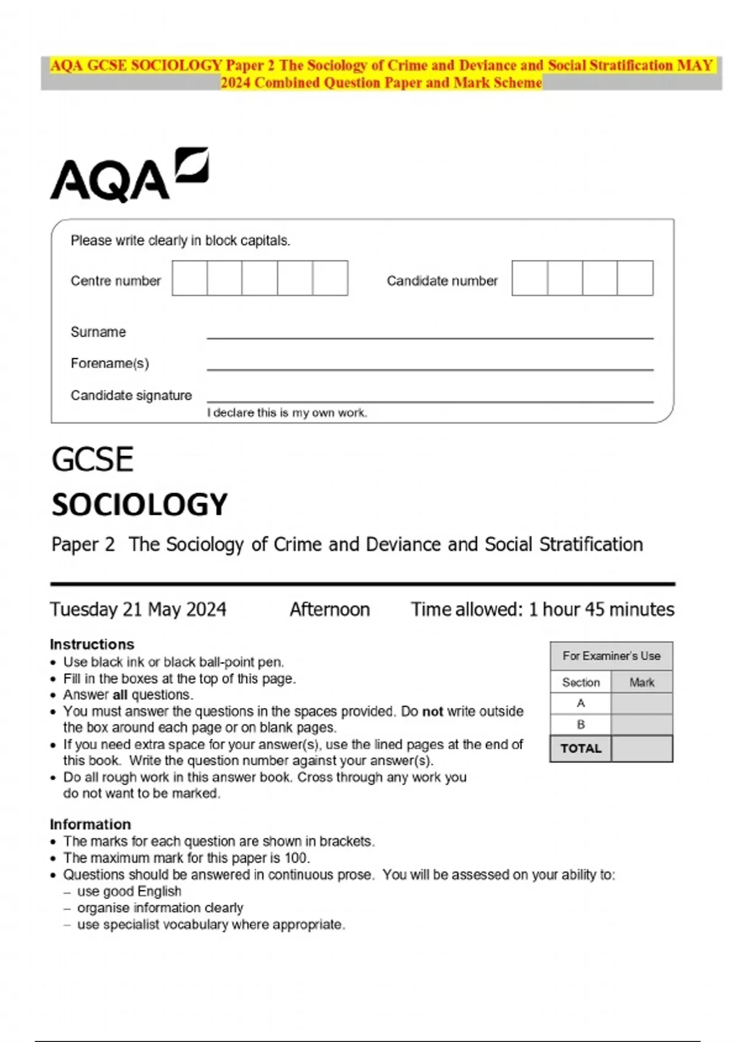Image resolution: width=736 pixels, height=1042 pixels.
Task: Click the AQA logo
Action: click(x=129, y=175)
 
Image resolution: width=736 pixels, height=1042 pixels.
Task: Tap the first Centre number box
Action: click(x=190, y=278)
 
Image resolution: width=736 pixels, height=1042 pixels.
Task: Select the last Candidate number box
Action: click(x=635, y=278)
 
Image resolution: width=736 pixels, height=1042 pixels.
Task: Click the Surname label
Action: click(x=98, y=332)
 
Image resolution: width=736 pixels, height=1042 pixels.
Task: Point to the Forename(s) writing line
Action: click(x=429, y=368)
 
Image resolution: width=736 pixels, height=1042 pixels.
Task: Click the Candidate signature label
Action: click(x=131, y=395)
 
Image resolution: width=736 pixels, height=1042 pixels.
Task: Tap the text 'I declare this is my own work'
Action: click(x=286, y=413)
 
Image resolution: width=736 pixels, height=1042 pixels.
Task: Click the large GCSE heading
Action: click(x=93, y=460)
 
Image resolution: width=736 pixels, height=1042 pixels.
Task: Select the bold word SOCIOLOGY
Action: click(x=139, y=505)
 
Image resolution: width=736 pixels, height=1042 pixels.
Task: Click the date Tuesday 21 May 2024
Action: click(x=138, y=609)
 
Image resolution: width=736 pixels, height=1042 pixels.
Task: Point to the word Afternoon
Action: click(x=329, y=609)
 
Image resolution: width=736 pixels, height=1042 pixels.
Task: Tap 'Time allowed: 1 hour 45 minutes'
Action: click(x=542, y=609)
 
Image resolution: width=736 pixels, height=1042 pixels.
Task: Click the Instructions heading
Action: click(x=92, y=644)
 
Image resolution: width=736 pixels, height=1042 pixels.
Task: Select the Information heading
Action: click(x=90, y=824)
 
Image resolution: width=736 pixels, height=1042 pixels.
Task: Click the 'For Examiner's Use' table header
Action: click(x=611, y=656)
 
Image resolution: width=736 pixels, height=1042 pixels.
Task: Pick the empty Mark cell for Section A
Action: click(x=642, y=704)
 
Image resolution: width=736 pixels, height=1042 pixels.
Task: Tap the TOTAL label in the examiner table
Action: click(x=581, y=748)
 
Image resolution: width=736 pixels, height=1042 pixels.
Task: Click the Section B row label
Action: click(x=581, y=724)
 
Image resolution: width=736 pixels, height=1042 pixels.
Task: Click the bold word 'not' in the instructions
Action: click(x=432, y=712)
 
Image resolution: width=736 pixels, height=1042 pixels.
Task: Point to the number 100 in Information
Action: click(x=297, y=858)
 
